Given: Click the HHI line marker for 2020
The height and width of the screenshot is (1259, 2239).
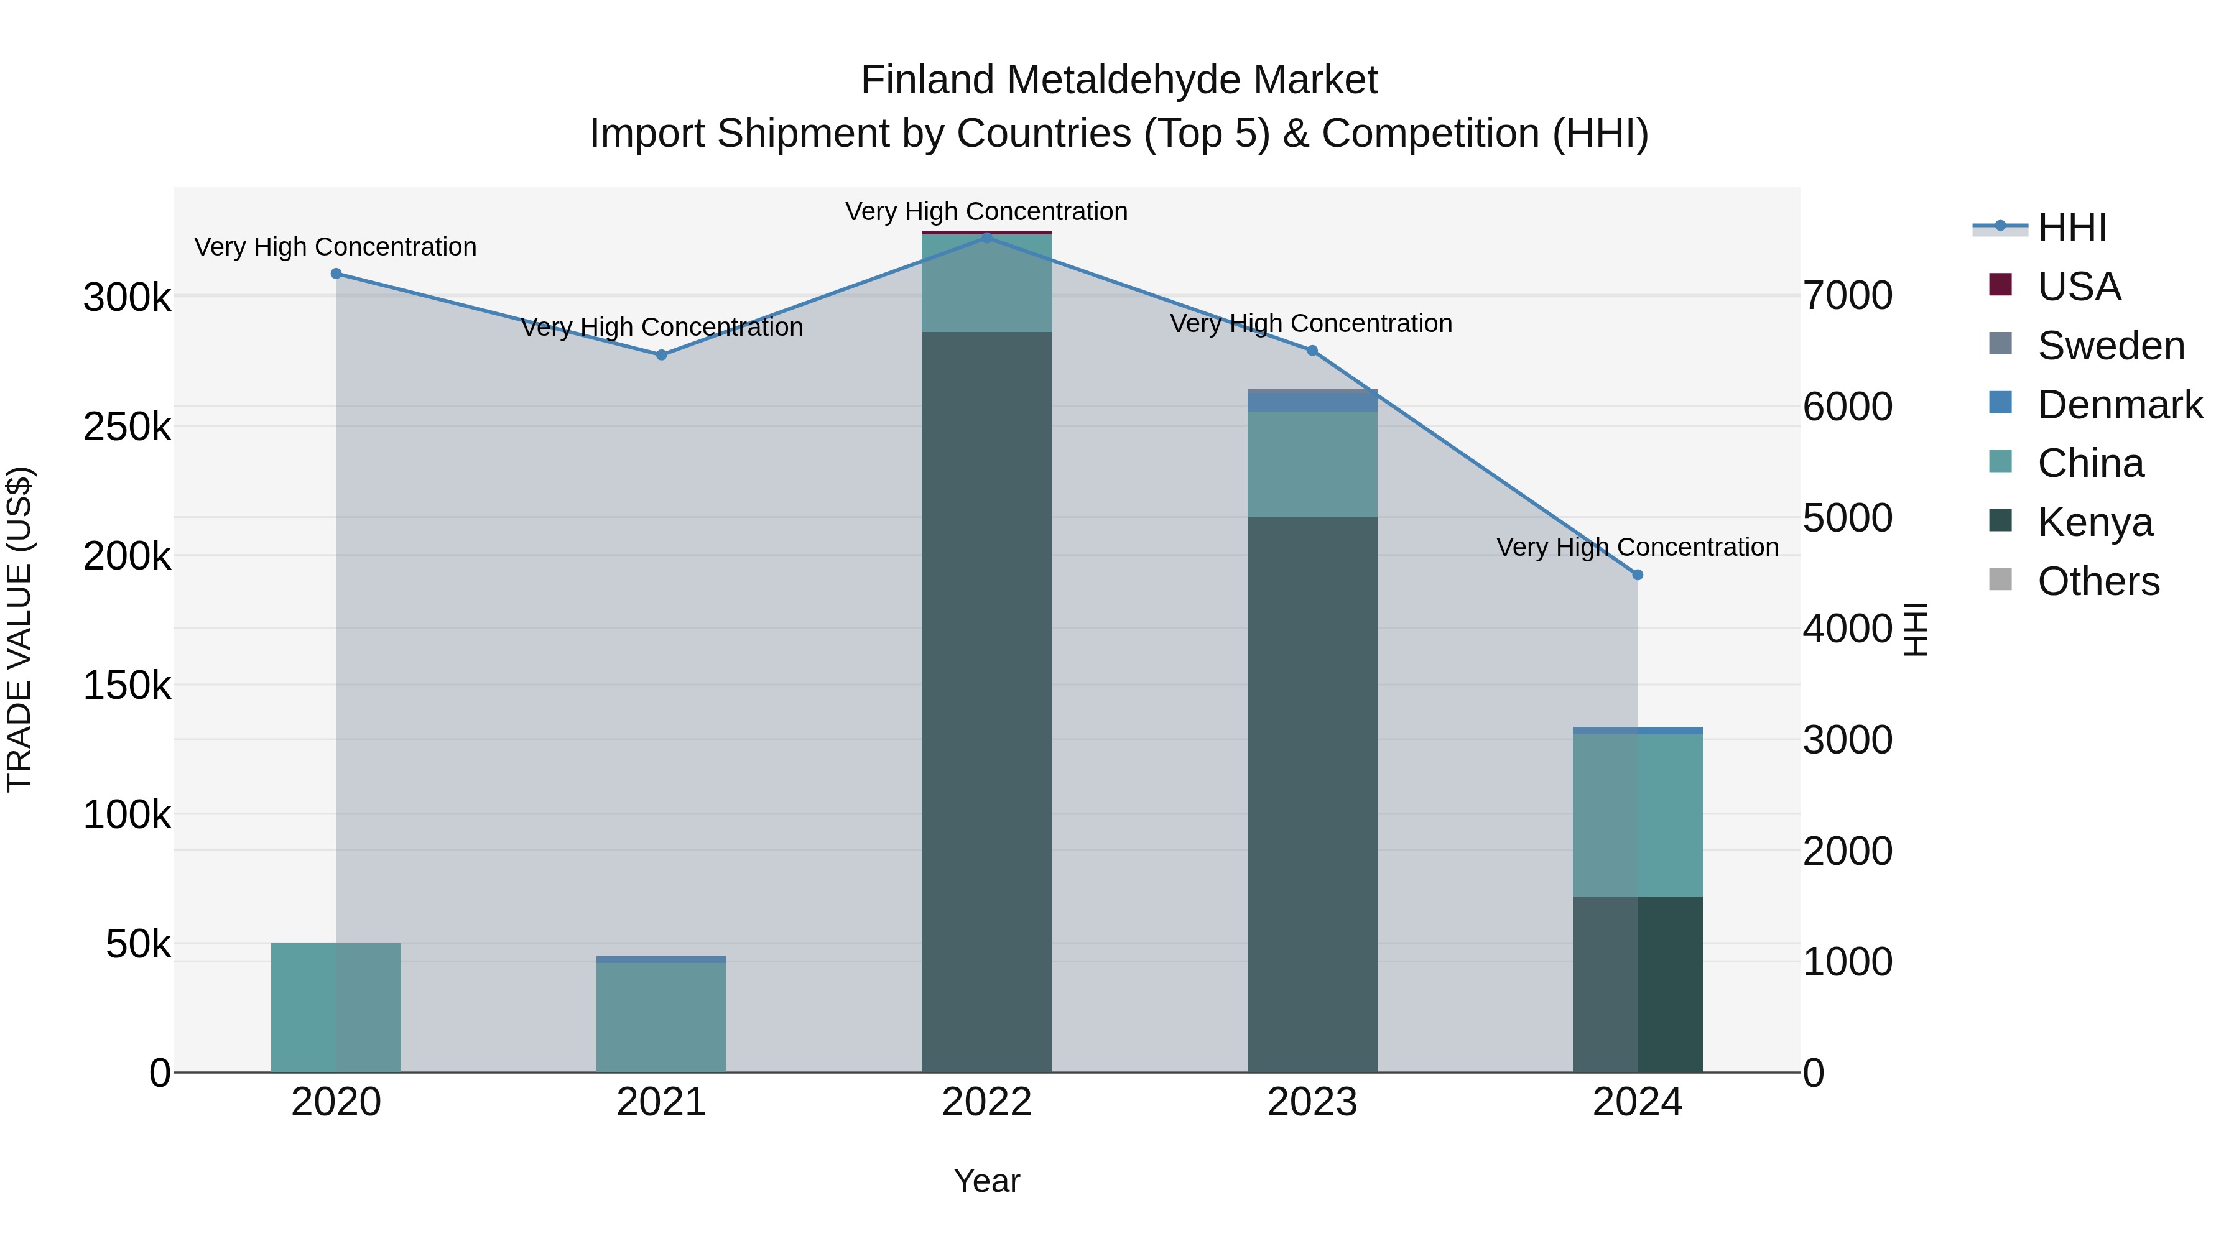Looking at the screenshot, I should (336, 274).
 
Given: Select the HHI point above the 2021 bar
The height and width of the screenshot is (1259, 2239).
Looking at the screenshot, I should (662, 354).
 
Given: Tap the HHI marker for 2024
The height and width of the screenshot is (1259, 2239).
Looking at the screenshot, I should (1638, 574).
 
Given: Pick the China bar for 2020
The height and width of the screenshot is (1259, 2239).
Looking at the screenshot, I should (336, 1007).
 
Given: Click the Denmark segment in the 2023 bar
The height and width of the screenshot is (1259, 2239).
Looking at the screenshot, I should (1312, 402).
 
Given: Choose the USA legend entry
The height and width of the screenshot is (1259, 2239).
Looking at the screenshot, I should (2079, 287).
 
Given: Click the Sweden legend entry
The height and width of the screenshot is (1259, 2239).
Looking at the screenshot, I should (2110, 346).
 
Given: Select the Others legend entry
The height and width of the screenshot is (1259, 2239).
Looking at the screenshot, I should (2098, 581).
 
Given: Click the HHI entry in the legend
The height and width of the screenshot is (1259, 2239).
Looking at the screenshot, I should (2072, 228).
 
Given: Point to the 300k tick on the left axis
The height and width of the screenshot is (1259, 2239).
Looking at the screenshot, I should (127, 297).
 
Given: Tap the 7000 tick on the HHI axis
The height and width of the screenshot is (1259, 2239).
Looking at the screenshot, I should (1848, 295).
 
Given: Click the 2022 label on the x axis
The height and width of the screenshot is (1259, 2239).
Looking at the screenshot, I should (986, 1102).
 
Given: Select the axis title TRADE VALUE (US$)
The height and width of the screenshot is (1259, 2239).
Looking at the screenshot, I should (19, 629).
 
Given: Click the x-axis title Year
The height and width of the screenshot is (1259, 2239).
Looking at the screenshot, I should (986, 1181).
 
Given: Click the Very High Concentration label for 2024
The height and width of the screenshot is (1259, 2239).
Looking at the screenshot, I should (1638, 547).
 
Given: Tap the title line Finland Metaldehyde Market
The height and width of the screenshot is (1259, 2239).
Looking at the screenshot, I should (1119, 80).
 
